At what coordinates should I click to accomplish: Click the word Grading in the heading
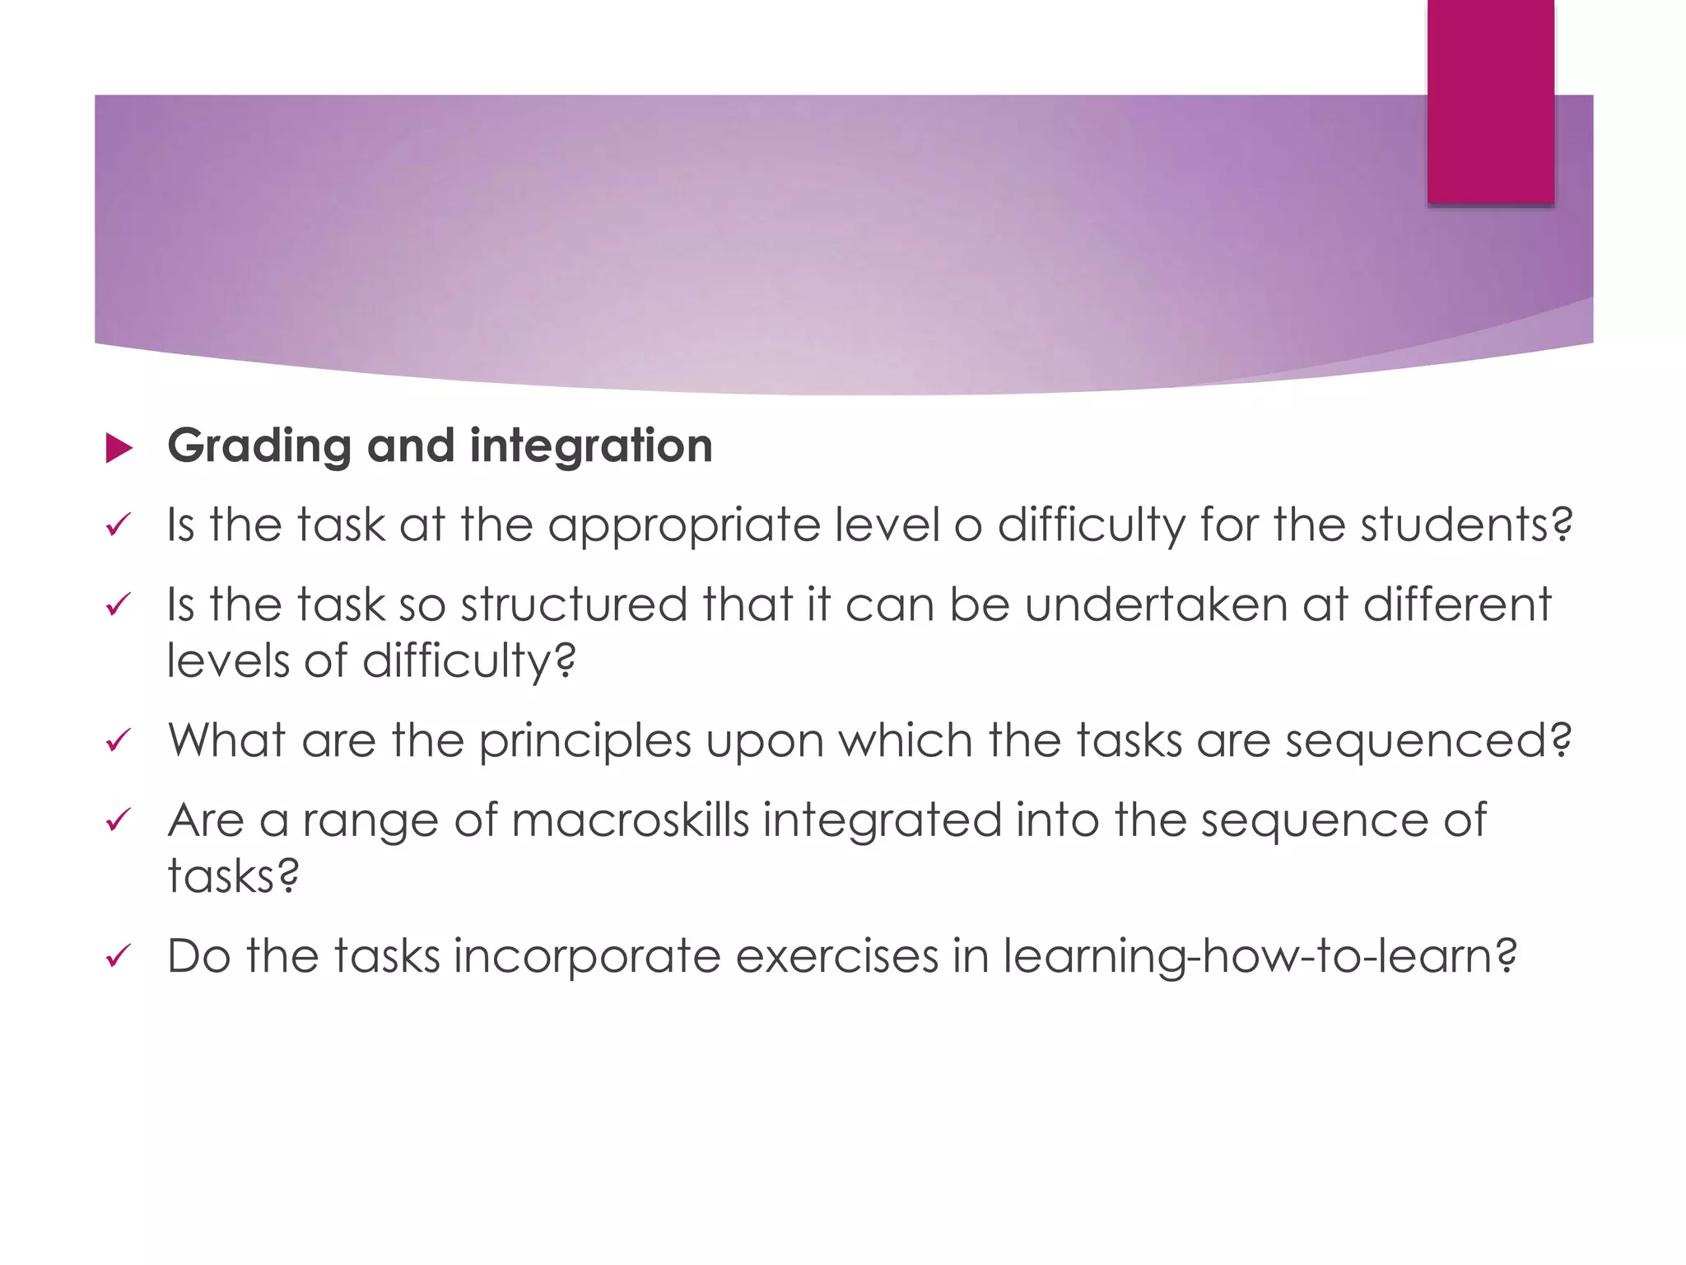259,447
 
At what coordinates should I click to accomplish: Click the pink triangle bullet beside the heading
119,449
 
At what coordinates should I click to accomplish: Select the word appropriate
683,526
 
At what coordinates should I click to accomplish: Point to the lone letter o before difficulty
968,527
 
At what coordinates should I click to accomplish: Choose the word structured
574,605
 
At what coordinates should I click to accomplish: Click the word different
1457,605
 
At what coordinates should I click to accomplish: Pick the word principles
585,741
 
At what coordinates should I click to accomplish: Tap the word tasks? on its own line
234,875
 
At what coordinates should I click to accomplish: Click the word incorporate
586,957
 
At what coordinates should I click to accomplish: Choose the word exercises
836,957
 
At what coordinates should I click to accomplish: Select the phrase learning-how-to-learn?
1260,957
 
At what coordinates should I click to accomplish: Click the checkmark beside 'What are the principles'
119,741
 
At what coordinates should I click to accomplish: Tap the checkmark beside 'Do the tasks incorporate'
119,957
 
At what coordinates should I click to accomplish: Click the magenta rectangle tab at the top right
1490,100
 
